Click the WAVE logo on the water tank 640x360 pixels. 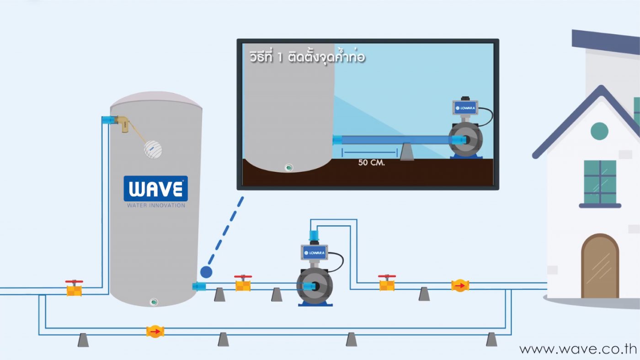pyautogui.click(x=155, y=189)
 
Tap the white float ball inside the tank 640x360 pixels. pyautogui.click(x=153, y=149)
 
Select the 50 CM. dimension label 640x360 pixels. pyautogui.click(x=372, y=163)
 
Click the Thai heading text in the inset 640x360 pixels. pyautogui.click(x=307, y=58)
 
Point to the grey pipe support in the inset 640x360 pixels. pyautogui.click(x=407, y=153)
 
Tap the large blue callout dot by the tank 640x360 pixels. pyautogui.click(x=206, y=272)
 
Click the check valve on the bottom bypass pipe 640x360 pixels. pyautogui.click(x=155, y=331)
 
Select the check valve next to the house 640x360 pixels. pyautogui.click(x=460, y=286)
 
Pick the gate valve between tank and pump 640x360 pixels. pyautogui.click(x=243, y=284)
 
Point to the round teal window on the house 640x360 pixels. pyautogui.click(x=599, y=131)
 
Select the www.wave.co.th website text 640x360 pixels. pyautogui.click(x=578, y=349)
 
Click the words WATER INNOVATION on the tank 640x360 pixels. pyautogui.click(x=156, y=206)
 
